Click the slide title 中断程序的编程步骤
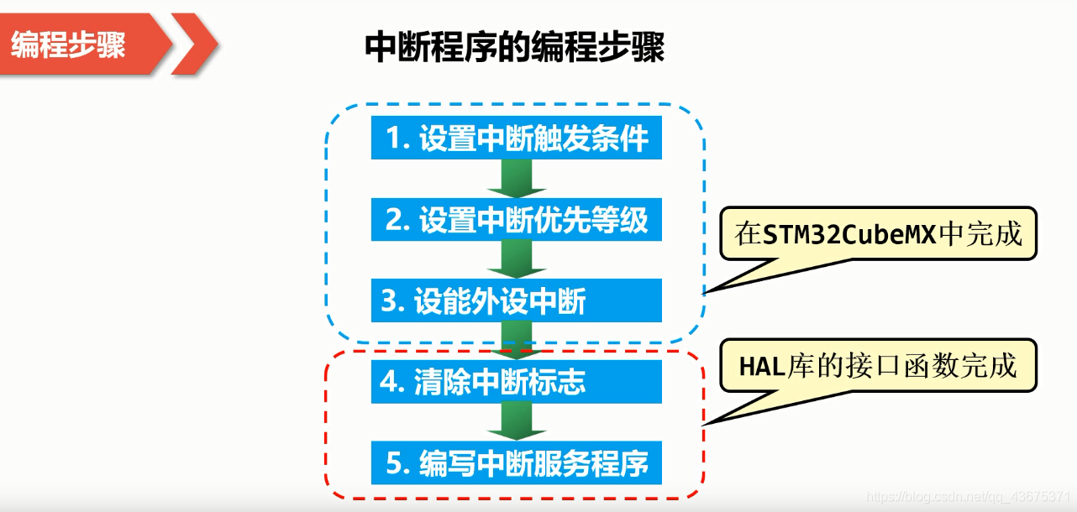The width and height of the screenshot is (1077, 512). pos(514,48)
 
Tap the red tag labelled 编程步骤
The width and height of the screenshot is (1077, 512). pos(71,44)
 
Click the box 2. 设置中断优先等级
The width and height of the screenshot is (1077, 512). pos(517,220)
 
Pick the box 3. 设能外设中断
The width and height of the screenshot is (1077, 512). pos(517,300)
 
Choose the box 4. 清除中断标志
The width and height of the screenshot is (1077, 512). pos(517,382)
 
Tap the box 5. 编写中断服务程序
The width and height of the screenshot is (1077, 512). pos(517,463)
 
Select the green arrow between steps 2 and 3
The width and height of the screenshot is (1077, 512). pos(517,260)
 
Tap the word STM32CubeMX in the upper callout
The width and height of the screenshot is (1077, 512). pos(849,234)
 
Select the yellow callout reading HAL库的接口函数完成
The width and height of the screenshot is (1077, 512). pos(878,366)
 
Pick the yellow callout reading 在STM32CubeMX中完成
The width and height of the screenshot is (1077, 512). pos(879,234)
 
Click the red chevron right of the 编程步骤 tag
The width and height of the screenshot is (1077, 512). pos(196,44)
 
